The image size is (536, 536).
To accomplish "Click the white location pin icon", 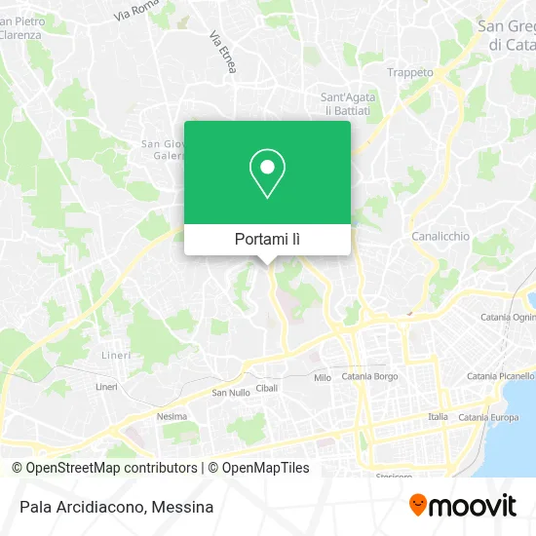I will pos(267,173).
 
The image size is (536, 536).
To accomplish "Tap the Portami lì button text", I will pos(267,239).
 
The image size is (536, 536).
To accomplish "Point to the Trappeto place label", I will pos(410,72).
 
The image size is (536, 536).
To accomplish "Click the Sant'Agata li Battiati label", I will pos(346,103).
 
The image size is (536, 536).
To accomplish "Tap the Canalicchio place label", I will pos(440,236).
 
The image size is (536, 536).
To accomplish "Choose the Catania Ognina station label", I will pos(508,318).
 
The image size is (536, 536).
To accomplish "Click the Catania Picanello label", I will pos(501,375).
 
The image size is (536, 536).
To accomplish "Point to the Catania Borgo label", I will pos(371,376).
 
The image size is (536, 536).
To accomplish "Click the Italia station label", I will pos(439,417).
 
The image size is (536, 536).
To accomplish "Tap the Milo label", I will pos(323,377).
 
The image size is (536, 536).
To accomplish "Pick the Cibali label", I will pos(267,387).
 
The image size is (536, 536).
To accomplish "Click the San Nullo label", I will pos(231,393).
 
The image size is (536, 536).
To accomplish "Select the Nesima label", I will pos(172,416).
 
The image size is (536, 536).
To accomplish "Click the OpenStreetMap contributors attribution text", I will pos(105,468).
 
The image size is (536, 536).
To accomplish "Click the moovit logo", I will pos(462,505).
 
